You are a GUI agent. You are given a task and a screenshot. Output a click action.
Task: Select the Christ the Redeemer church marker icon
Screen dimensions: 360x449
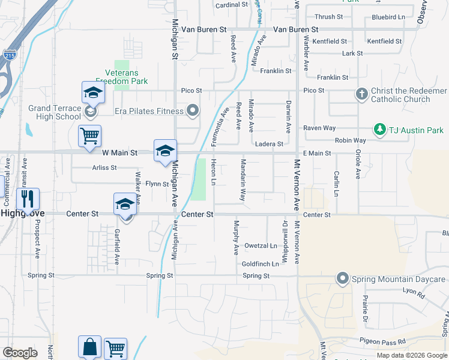pos(361,94)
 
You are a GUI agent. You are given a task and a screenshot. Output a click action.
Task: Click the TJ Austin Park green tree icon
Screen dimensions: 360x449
pos(379,129)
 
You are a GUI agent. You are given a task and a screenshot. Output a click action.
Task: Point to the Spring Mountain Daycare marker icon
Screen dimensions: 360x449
pos(343,278)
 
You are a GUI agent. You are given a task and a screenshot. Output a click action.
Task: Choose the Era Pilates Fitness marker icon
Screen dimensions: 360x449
pos(193,110)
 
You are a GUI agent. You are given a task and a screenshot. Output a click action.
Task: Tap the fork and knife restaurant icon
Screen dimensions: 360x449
pos(28,198)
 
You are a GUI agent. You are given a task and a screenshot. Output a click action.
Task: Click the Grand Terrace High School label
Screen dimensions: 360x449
pos(54,112)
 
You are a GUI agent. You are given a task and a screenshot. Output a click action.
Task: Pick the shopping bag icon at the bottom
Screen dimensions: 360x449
pos(89,347)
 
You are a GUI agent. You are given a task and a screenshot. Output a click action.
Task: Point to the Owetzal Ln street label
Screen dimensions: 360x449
pos(260,246)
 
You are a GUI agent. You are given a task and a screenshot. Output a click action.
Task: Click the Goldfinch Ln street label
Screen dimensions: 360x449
pos(260,264)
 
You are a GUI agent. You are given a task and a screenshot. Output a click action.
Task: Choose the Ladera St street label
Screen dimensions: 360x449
pos(269,144)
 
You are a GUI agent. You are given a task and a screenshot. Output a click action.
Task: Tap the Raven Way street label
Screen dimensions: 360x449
pos(319,128)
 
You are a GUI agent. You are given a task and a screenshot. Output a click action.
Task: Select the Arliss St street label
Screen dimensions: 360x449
pos(104,167)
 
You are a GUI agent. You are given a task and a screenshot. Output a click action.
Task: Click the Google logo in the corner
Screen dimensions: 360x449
pos(20,353)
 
